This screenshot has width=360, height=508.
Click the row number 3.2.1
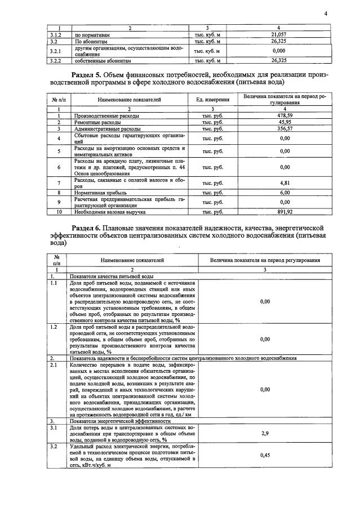click(55, 51)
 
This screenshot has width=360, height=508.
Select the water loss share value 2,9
click(265, 433)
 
